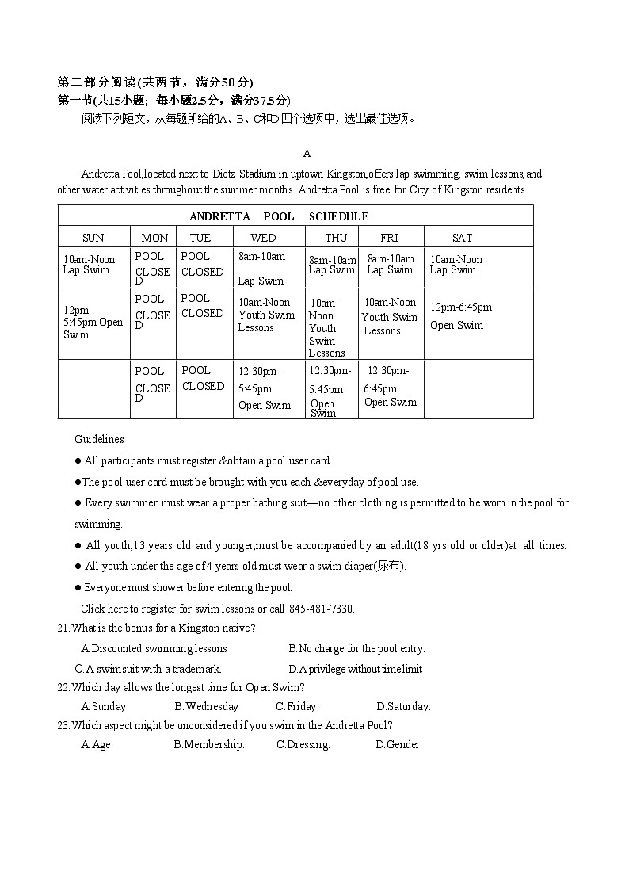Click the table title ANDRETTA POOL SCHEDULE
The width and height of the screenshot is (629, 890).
pos(279,216)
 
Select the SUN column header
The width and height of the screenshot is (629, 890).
pos(93,238)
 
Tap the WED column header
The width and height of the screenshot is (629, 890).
pos(263,238)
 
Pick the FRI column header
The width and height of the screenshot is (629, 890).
pos(389,238)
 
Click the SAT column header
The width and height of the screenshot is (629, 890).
pos(462,238)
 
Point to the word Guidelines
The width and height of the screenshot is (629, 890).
pos(99,439)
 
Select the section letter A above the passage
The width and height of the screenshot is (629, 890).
pos(307,153)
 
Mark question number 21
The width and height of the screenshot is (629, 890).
pos(63,628)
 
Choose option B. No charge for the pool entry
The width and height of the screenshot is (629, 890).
pos(356,648)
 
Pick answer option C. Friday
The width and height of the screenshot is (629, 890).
pos(297,706)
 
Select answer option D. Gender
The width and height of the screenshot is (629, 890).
pos(398,744)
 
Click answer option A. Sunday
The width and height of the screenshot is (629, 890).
pos(104,706)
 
